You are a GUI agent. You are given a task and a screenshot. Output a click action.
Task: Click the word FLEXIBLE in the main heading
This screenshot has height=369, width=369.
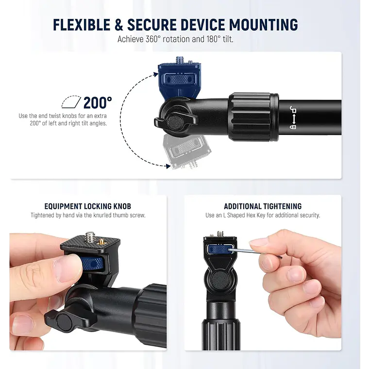click(x=82, y=25)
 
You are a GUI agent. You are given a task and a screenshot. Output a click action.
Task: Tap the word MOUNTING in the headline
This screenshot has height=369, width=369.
click(x=264, y=25)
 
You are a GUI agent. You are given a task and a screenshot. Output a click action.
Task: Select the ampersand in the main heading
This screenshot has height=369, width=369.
click(x=119, y=25)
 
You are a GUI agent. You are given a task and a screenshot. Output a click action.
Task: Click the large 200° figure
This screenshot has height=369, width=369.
click(x=98, y=103)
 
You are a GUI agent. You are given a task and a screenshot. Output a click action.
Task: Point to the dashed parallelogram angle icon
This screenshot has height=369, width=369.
click(x=71, y=102)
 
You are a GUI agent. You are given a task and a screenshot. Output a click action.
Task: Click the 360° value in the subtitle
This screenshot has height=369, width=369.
click(x=153, y=39)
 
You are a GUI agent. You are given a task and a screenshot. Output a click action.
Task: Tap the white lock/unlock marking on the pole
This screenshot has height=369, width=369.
click(x=293, y=117)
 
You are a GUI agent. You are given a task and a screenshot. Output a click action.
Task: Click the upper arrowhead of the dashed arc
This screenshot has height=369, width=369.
click(x=156, y=74)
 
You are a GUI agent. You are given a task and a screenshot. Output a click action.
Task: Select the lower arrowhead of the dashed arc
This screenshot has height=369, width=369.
click(x=168, y=166)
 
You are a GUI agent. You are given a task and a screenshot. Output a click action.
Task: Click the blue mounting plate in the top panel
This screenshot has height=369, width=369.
click(x=179, y=79)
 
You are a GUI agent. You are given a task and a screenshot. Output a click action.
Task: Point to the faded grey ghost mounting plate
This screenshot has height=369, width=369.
click(x=187, y=151)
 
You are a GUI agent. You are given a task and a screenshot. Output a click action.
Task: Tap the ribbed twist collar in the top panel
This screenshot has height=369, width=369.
click(x=253, y=117)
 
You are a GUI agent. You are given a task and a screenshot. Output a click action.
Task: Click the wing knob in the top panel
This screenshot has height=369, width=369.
click(x=176, y=122)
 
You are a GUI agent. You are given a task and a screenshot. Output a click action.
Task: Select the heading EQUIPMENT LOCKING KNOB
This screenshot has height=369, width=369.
click(x=88, y=206)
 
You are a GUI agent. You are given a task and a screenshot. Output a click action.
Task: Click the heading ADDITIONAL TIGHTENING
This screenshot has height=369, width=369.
click(x=263, y=206)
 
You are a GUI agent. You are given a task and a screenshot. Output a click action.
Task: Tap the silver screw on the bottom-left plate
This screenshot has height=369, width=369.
click(x=90, y=237)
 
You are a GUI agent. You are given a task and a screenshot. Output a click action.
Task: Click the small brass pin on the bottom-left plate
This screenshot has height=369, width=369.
click(x=102, y=241)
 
